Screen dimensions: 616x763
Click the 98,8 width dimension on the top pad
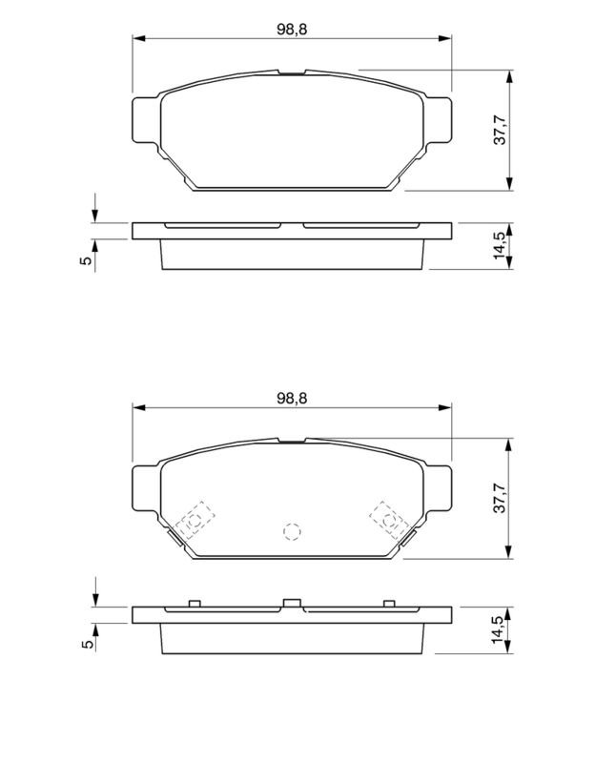[292, 30]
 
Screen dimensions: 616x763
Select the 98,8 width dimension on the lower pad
[292, 398]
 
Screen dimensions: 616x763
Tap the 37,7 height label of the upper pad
[500, 130]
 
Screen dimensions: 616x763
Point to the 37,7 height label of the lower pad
[500, 498]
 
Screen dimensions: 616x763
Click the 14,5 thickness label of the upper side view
[500, 246]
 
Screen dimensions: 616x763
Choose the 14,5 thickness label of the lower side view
[500, 630]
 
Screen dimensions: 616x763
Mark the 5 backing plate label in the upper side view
[86, 260]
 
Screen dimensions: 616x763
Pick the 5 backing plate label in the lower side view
[88, 644]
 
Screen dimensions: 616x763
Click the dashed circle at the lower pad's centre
[292, 532]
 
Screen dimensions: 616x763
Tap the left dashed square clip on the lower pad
[195, 520]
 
